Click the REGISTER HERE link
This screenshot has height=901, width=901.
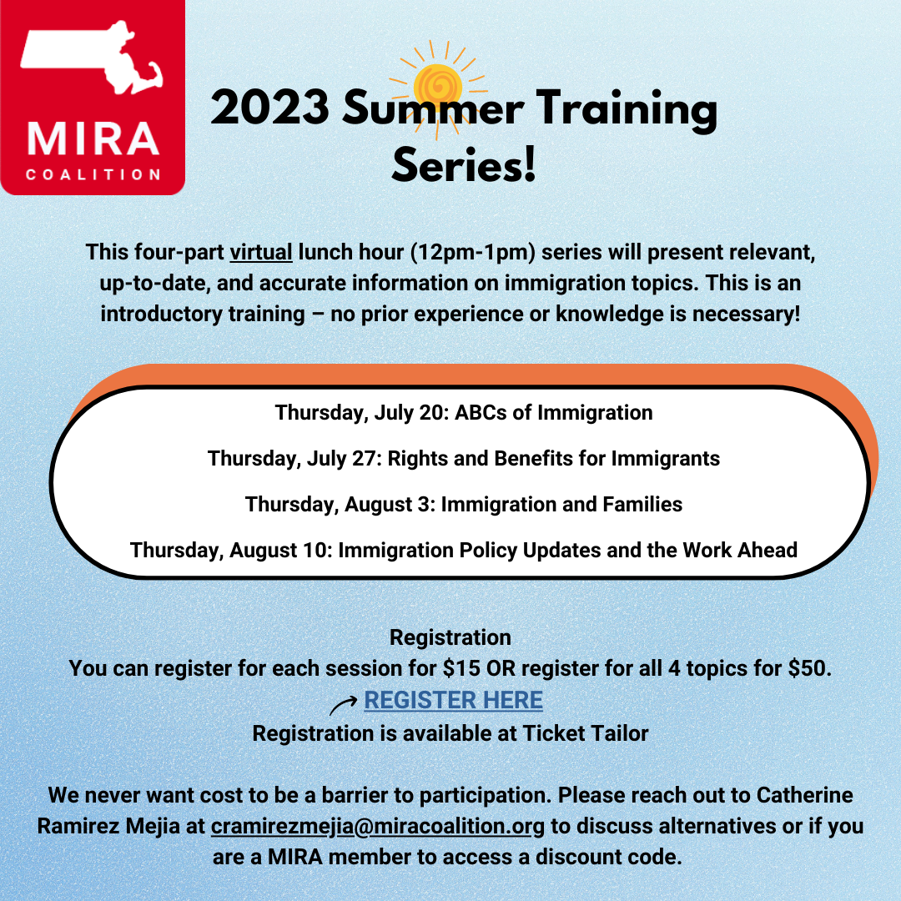click(x=453, y=700)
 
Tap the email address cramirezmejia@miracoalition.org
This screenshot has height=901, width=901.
click(x=378, y=826)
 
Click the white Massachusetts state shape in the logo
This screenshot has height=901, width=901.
click(x=92, y=57)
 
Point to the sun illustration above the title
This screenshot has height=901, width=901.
click(x=438, y=89)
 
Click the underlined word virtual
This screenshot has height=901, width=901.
click(x=261, y=252)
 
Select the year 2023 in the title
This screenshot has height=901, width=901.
click(x=270, y=108)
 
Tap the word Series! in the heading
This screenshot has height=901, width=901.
click(x=464, y=165)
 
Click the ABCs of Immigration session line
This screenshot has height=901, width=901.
click(x=464, y=413)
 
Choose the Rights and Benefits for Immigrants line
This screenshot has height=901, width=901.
click(x=464, y=459)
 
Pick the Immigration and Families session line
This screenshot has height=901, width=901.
click(x=464, y=505)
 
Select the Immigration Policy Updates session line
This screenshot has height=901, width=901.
click(x=464, y=551)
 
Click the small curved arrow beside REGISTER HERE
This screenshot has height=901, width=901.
click(x=343, y=704)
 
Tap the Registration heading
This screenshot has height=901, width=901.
click(x=450, y=638)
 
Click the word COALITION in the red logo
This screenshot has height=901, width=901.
click(x=93, y=174)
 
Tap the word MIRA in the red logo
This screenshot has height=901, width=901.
click(x=93, y=138)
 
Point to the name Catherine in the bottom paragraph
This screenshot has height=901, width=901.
click(x=804, y=795)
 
